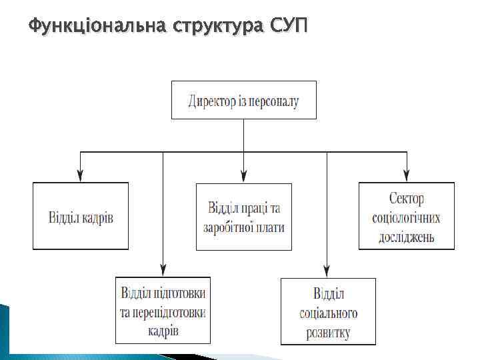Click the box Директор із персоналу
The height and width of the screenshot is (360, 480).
click(243, 100)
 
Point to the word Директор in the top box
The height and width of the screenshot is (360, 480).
click(212, 101)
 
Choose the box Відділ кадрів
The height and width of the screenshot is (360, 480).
click(81, 216)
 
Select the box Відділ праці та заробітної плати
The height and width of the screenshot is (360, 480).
click(243, 216)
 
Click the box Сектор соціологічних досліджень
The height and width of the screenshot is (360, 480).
click(406, 216)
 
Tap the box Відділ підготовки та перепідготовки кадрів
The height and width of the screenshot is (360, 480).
click(163, 311)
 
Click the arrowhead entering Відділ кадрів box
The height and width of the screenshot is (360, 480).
click(81, 177)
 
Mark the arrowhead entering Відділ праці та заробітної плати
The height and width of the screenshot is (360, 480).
click(243, 177)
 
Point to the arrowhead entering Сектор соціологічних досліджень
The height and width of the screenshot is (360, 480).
click(406, 177)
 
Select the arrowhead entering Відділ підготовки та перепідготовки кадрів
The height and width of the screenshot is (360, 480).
click(163, 271)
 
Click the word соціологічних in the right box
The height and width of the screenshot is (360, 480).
click(406, 217)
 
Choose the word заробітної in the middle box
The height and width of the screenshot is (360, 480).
click(231, 227)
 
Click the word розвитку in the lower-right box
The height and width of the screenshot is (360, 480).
click(327, 331)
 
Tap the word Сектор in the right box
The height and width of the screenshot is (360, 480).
click(407, 199)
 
